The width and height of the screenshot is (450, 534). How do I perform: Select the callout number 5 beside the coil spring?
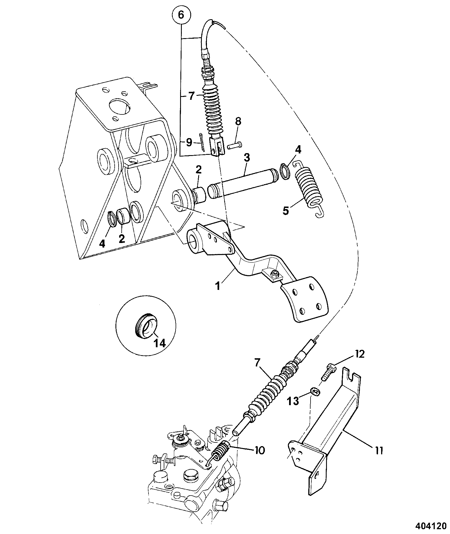click(286, 211)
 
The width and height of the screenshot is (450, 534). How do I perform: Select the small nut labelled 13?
click(314, 391)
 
